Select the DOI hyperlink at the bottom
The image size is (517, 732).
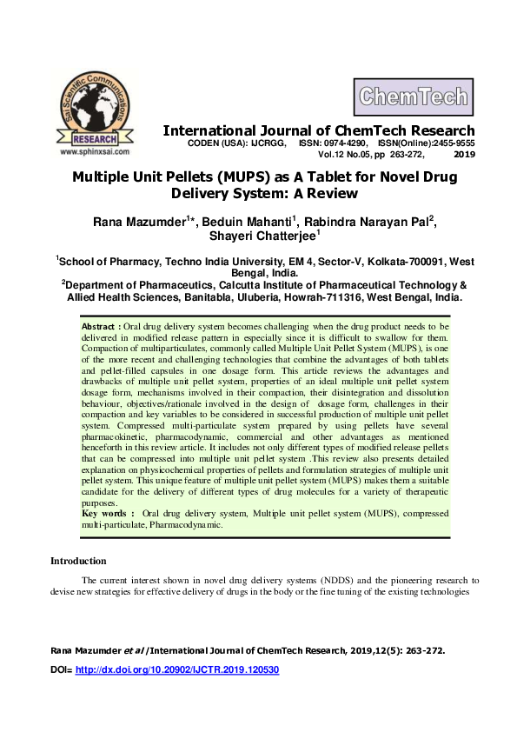click(x=176, y=671)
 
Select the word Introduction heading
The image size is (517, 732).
click(x=78, y=561)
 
